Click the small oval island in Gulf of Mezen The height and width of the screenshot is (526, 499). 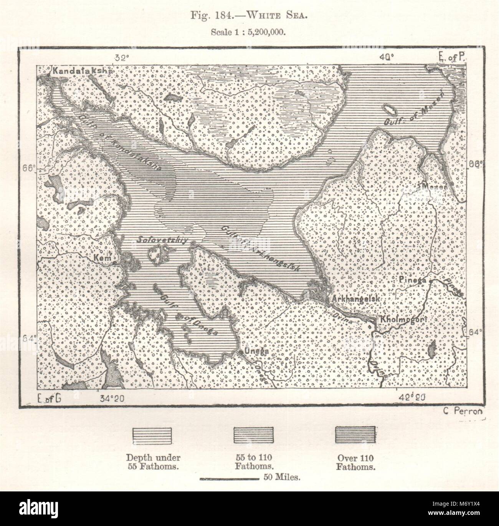pyautogui.click(x=391, y=110)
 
